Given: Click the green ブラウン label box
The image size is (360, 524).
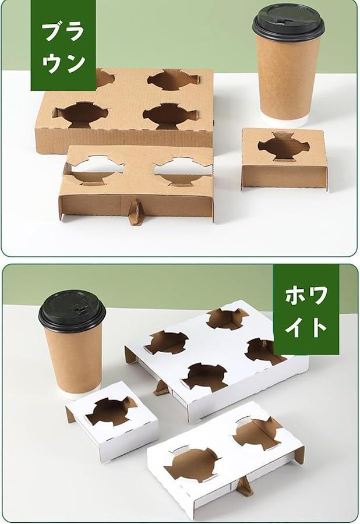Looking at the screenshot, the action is (63, 45).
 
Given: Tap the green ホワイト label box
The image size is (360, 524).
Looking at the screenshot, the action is (306, 309).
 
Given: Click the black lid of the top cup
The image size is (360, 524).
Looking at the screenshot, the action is (288, 22).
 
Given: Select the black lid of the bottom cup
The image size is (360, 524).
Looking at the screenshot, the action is (72, 311).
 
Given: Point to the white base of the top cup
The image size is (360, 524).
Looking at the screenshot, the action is (284, 121).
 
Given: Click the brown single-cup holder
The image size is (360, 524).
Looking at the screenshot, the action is (284, 160).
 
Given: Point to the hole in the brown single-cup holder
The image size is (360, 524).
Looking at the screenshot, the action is (284, 147).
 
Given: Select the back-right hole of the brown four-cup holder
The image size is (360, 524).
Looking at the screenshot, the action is (174, 79).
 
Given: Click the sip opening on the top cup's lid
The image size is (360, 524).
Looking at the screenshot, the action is (281, 22).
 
